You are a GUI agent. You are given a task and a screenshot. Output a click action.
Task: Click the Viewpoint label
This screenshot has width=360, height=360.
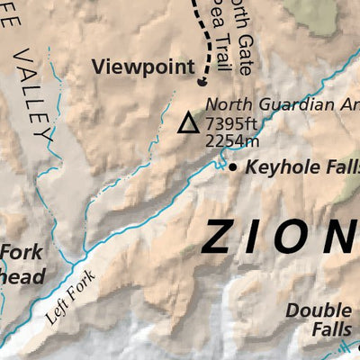(x=142, y=66)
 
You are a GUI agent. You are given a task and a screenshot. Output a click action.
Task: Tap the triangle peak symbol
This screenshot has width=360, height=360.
(x=188, y=123)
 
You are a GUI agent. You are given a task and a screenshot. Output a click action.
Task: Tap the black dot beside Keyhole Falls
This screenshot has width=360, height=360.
(x=233, y=167)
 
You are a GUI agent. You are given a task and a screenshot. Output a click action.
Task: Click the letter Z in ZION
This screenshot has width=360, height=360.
(x=221, y=237)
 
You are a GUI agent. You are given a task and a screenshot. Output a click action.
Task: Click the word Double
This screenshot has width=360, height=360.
(x=318, y=310)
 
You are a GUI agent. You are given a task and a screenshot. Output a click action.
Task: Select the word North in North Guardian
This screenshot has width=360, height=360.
(x=228, y=103)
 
